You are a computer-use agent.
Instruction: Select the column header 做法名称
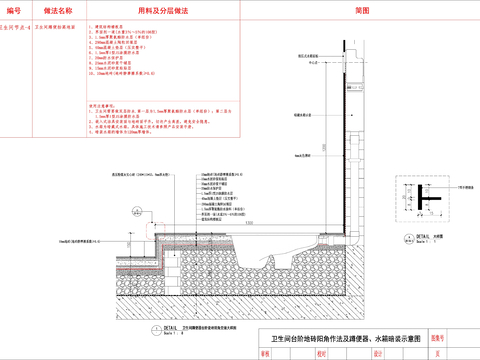click(x=58, y=9)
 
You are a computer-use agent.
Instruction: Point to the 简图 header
click(x=362, y=9)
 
